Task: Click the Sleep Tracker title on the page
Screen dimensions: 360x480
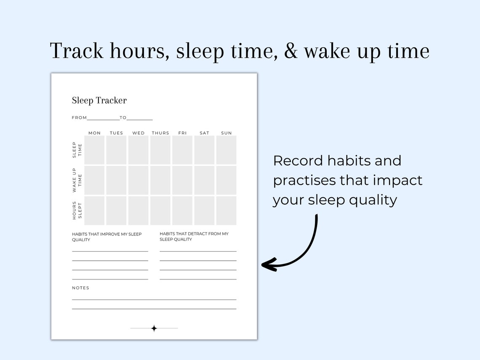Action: pos(99,101)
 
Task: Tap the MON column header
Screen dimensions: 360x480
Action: pos(95,133)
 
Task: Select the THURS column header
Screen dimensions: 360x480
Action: pos(160,133)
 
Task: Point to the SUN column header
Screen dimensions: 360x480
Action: pos(227,133)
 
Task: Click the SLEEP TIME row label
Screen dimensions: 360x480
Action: pos(77,150)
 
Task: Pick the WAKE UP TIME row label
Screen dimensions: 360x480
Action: pos(77,180)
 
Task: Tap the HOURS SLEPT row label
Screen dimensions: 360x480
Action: pos(77,211)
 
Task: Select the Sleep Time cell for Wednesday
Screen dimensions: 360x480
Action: pos(139,150)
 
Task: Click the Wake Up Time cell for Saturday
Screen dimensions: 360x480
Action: pos(204,180)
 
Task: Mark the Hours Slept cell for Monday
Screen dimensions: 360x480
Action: pos(95,211)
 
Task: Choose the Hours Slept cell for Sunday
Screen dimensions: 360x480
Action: pos(227,211)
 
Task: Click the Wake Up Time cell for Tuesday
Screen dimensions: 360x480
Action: pos(117,180)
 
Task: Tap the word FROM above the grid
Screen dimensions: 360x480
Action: pos(79,118)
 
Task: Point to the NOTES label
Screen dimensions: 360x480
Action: pos(80,288)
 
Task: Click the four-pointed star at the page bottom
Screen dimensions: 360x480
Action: pos(154,328)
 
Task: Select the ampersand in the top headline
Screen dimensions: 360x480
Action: pos(291,51)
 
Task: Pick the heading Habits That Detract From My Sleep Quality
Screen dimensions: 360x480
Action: pos(194,236)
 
